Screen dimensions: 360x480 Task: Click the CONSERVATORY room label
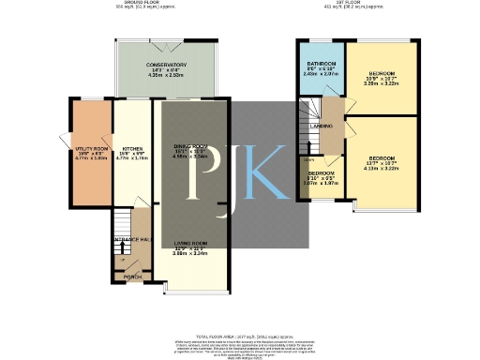[x=167, y=64]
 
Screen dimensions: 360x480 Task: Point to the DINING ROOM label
[x=190, y=147]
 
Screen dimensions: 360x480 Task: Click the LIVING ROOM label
[x=190, y=243]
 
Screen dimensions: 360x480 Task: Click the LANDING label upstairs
[x=322, y=125]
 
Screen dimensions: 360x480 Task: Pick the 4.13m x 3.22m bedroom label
[x=382, y=158]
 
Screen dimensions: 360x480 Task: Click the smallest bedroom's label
[x=322, y=173]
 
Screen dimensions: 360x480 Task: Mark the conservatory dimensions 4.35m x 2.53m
[x=167, y=73]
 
